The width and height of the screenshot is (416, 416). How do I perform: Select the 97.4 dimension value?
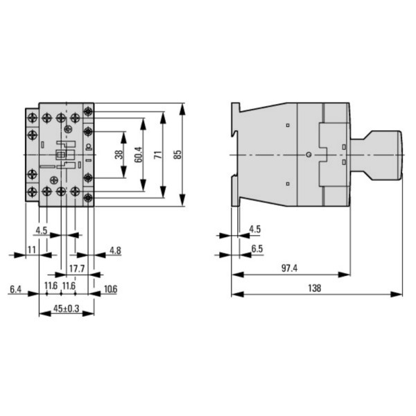click(x=290, y=267)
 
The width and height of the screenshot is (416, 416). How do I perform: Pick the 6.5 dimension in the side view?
click(x=257, y=248)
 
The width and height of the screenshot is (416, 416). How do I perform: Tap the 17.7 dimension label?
click(x=76, y=267)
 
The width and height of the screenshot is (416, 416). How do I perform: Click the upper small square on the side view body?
click(x=287, y=125)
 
